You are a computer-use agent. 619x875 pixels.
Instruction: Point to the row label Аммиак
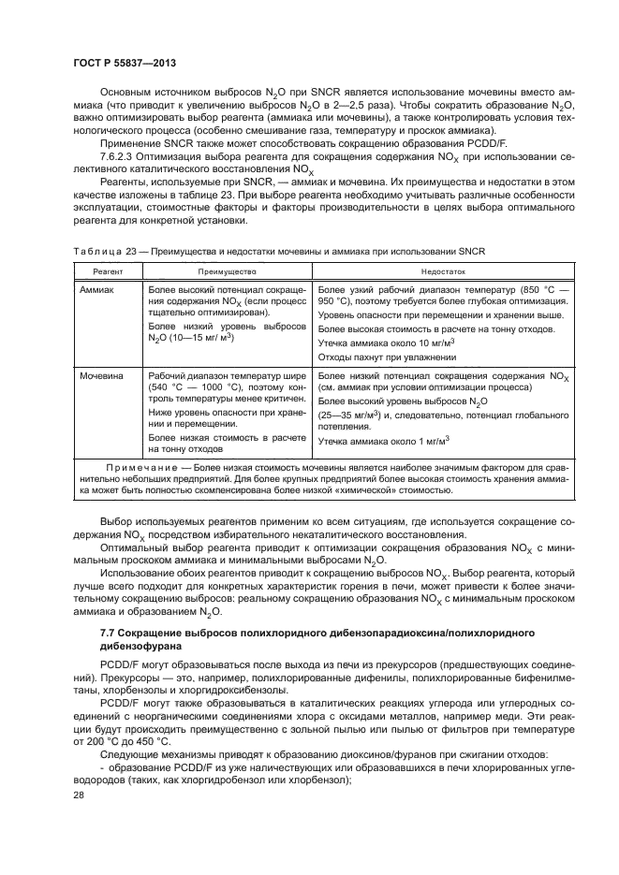tap(96, 290)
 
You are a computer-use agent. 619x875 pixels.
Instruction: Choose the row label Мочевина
tap(100, 375)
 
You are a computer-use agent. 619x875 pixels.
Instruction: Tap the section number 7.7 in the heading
tap(108, 634)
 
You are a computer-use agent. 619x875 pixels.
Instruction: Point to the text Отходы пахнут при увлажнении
tap(382, 356)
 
